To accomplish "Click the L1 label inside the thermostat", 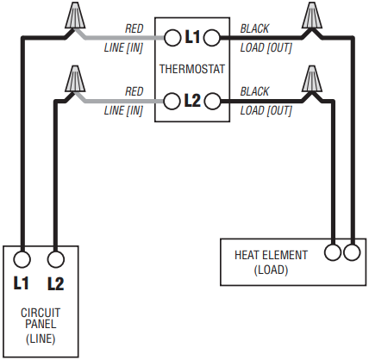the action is (192, 37).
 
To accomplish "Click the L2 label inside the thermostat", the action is (192, 101).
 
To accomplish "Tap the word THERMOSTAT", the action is (192, 69).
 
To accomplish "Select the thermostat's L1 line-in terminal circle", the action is (172, 38).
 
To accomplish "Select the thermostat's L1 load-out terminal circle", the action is (212, 38).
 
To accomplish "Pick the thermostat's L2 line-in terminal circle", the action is (172, 101).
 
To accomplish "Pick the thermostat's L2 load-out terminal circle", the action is (212, 101).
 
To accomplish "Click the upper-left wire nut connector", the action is (75, 16).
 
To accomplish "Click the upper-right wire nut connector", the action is (312, 16).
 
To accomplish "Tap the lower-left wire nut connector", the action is (75, 79).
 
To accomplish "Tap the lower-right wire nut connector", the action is (312, 79).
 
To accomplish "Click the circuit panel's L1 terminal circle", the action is (22, 259).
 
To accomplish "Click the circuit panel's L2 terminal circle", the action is (55, 259).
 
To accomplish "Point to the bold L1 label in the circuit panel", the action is (22, 282).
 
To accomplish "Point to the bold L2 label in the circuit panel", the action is (56, 283).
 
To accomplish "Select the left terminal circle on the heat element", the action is (333, 252).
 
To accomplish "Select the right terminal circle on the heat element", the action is (352, 252).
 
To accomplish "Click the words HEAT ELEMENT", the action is (271, 255).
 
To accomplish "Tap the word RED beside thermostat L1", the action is (134, 28).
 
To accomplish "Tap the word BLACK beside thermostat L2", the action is (254, 91).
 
